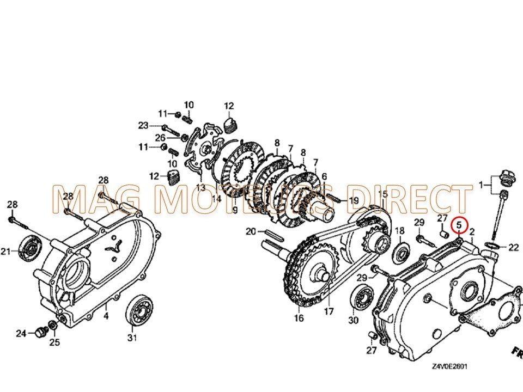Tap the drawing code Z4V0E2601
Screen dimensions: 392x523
(450, 367)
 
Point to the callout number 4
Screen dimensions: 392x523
(106, 315)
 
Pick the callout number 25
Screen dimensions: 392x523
(55, 342)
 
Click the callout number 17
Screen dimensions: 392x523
(329, 312)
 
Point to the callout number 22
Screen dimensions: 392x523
(513, 248)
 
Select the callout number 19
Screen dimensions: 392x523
(354, 200)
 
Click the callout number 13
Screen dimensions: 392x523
(201, 187)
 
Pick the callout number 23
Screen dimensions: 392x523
(143, 125)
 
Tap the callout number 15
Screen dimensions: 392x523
(383, 194)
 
